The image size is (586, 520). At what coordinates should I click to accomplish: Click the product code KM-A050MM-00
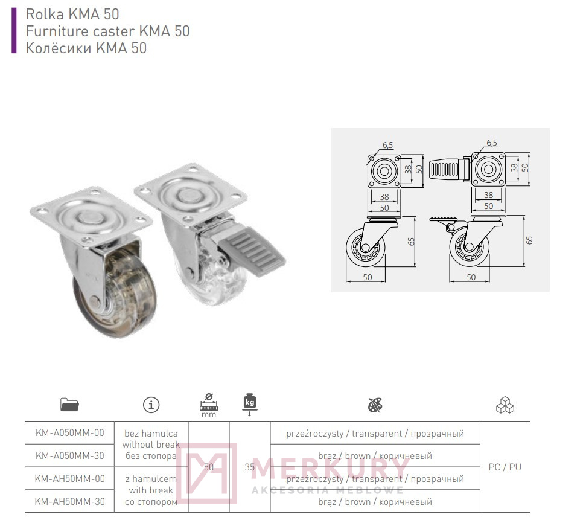[70, 433]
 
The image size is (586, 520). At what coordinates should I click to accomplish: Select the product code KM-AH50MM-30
[70, 502]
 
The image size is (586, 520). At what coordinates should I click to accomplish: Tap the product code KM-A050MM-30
[70, 455]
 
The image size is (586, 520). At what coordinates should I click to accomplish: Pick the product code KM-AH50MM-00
[70, 478]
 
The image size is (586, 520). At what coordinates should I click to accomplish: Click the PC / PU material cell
[505, 467]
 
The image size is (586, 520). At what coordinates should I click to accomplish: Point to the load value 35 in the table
[250, 467]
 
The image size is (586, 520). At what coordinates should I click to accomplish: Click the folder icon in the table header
[69, 405]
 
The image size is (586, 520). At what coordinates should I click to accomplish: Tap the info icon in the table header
[151, 405]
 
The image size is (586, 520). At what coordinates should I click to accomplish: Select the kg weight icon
[250, 404]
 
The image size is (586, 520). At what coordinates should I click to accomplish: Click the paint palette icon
[375, 405]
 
